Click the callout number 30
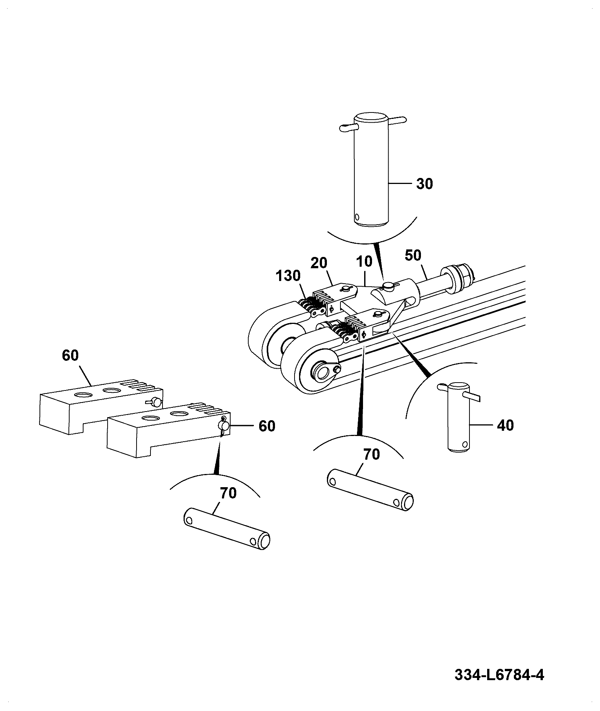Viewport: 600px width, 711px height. (x=424, y=184)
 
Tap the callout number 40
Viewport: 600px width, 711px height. (x=505, y=425)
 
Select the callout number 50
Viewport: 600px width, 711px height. (x=413, y=255)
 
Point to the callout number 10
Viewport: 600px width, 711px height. (x=363, y=261)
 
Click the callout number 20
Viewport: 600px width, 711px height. (x=319, y=263)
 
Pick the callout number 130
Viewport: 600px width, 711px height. (x=288, y=276)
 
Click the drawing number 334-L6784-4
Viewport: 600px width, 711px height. (x=499, y=675)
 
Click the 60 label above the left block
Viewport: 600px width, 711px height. (x=70, y=355)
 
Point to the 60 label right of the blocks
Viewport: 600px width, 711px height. (x=267, y=426)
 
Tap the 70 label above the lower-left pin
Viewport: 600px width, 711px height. (x=228, y=493)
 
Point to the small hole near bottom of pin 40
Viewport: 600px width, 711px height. (x=466, y=443)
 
